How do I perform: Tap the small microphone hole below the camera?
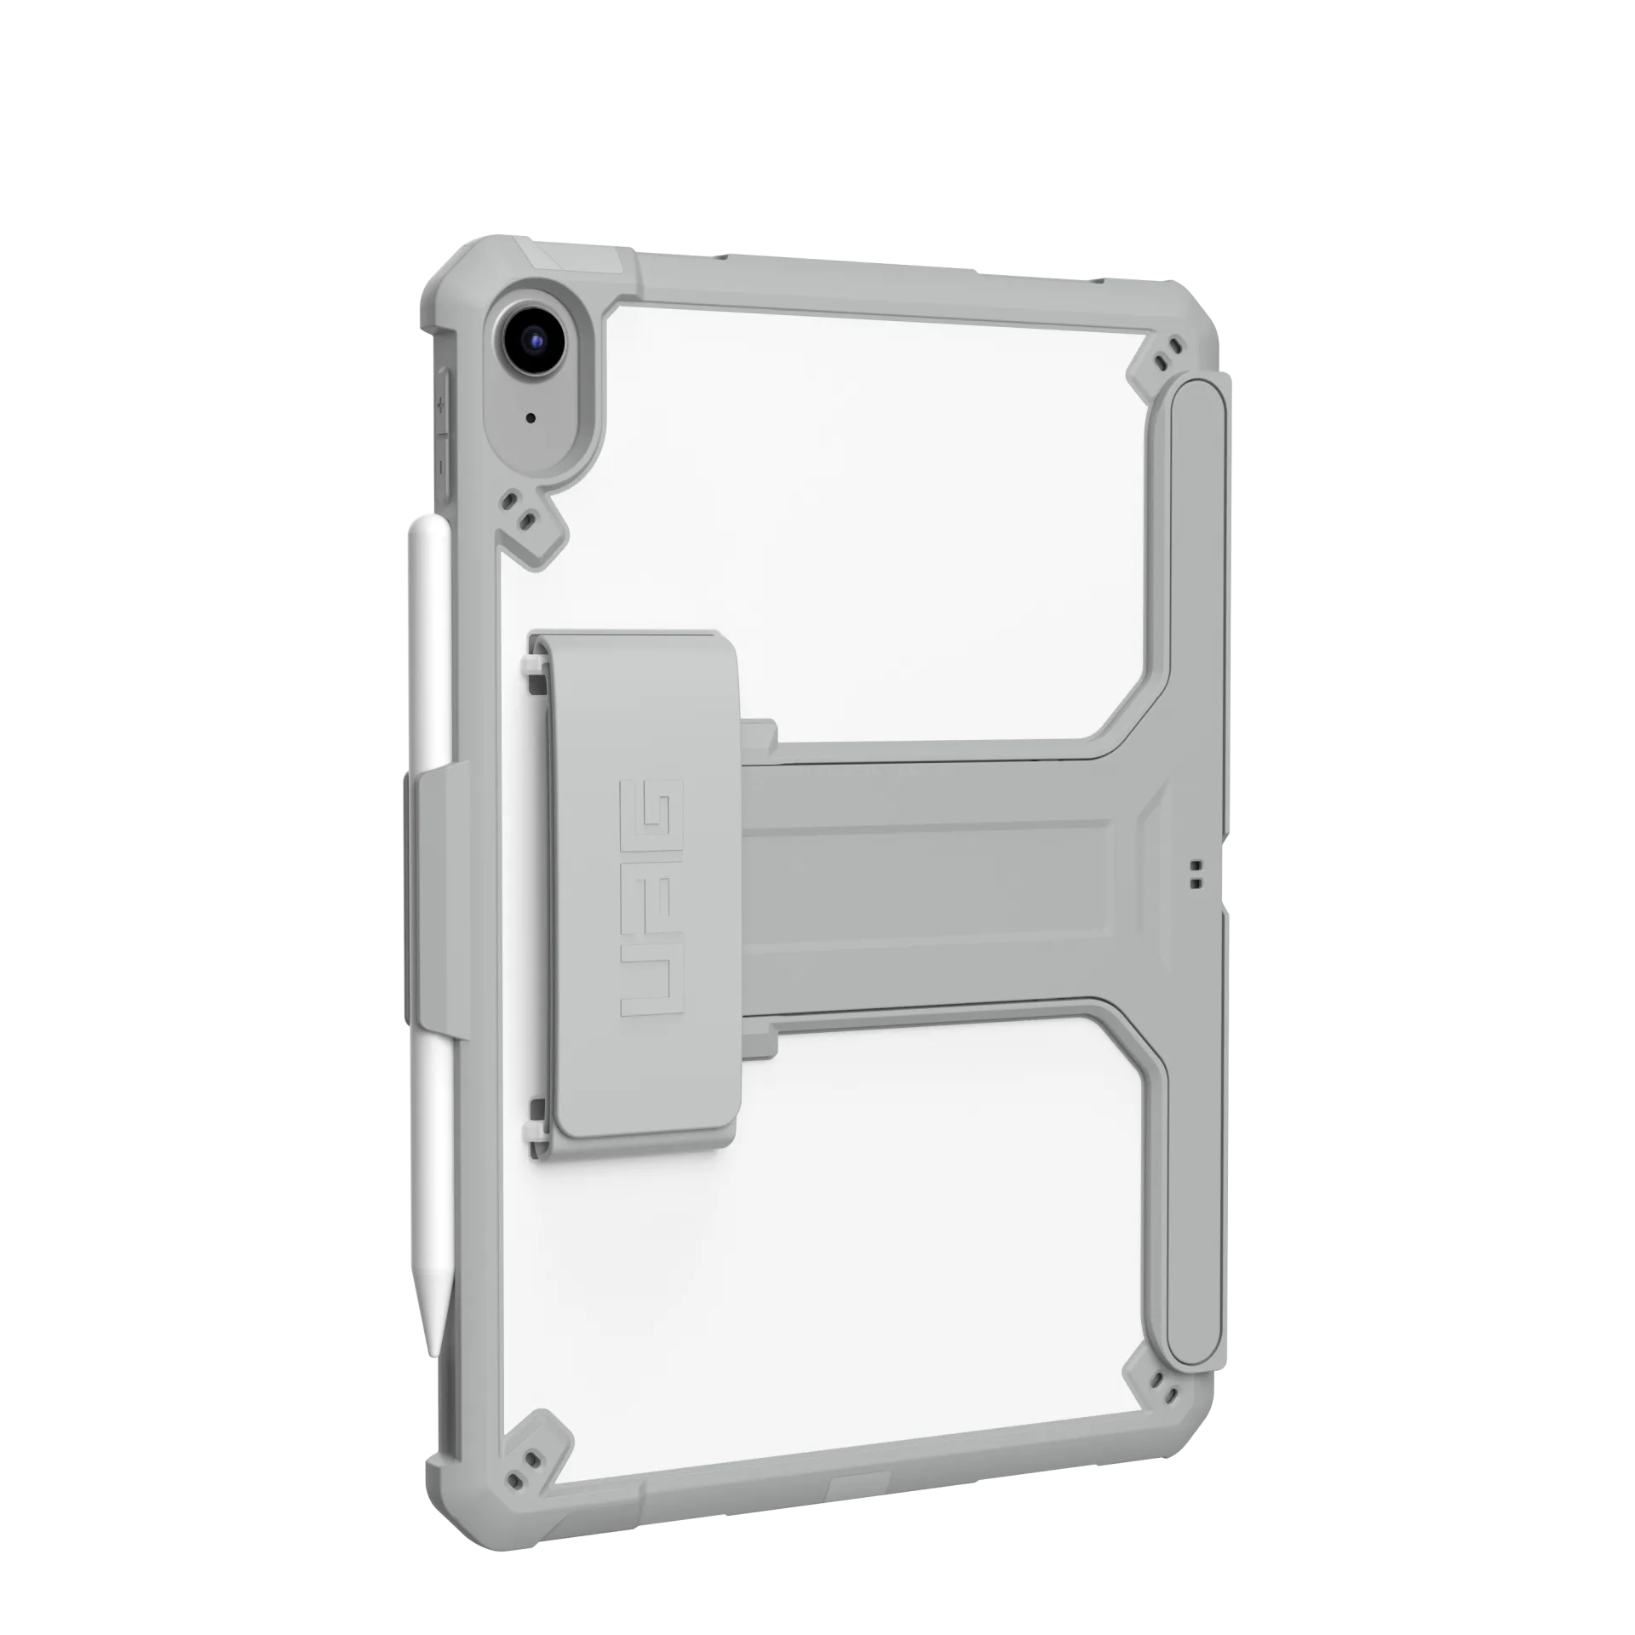pos(531,418)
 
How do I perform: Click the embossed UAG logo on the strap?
pos(652,897)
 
